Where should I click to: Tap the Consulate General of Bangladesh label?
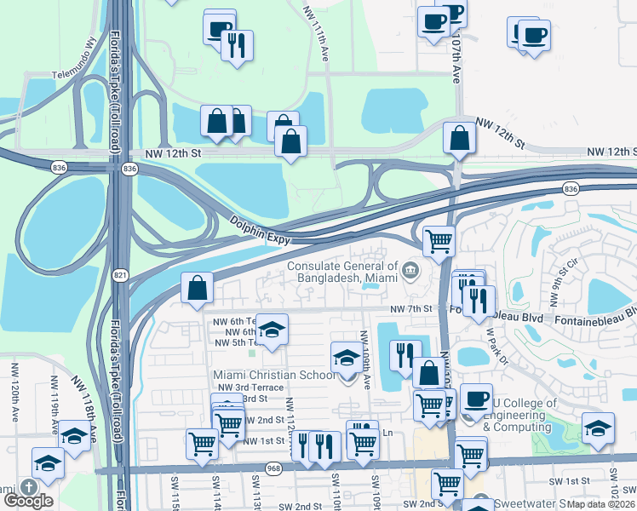[343, 271]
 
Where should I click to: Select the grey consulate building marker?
[410, 271]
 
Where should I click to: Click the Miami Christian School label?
[262, 375]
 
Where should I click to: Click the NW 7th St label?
[412, 308]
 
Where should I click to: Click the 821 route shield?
[119, 273]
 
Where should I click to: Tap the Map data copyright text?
[600, 504]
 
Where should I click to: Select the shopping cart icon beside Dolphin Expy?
[439, 240]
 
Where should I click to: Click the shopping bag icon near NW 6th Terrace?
[198, 287]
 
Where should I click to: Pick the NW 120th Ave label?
[14, 384]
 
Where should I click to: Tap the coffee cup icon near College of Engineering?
[476, 397]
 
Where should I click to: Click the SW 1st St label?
[571, 482]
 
